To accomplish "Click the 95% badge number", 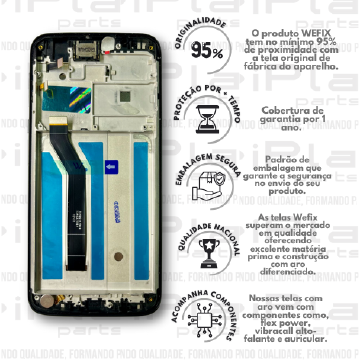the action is coord(206,52).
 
